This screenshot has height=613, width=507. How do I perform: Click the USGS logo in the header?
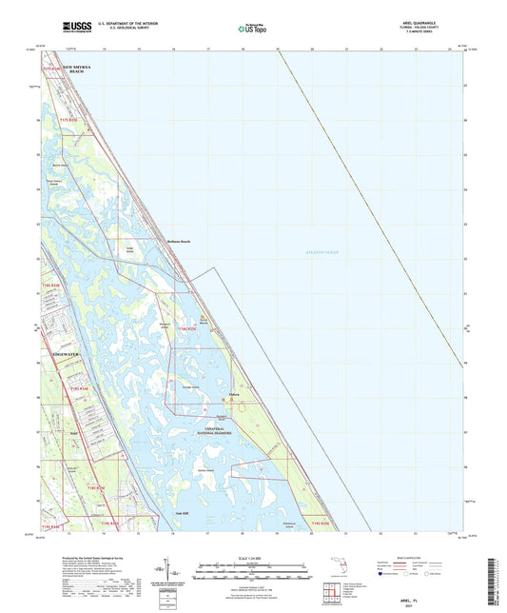pyautogui.click(x=78, y=29)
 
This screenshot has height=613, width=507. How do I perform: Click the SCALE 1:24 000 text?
pyautogui.click(x=253, y=559)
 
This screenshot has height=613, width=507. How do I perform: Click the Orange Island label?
pyautogui.click(x=191, y=387)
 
